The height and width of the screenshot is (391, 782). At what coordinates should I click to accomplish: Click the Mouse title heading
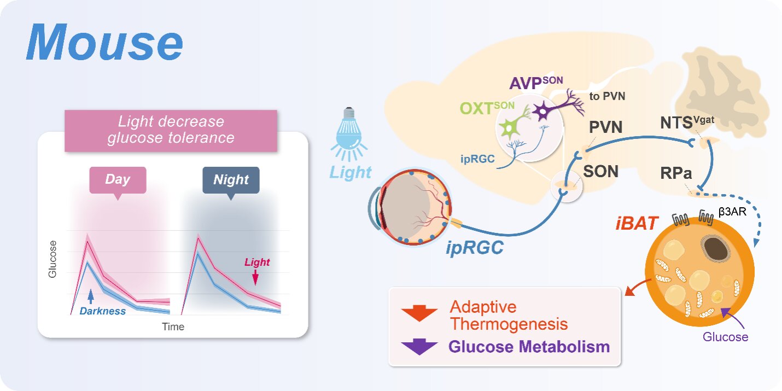click(104, 43)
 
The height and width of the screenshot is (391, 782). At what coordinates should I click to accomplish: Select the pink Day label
click(118, 179)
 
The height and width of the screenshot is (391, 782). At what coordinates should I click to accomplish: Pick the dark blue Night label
click(231, 179)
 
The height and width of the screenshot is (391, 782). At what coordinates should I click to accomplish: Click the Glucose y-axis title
click(52, 259)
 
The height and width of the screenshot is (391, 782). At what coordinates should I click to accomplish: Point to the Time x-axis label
click(173, 327)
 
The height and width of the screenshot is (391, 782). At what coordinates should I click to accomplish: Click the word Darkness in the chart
click(102, 311)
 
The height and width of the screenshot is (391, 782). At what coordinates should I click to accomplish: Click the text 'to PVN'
click(607, 96)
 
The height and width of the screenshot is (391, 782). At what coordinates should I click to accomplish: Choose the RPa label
click(676, 174)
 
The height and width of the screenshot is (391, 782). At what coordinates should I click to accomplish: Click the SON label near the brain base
click(600, 171)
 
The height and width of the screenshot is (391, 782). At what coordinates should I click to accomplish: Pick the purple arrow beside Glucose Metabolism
click(419, 347)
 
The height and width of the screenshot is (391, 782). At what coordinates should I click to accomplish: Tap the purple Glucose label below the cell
click(725, 337)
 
